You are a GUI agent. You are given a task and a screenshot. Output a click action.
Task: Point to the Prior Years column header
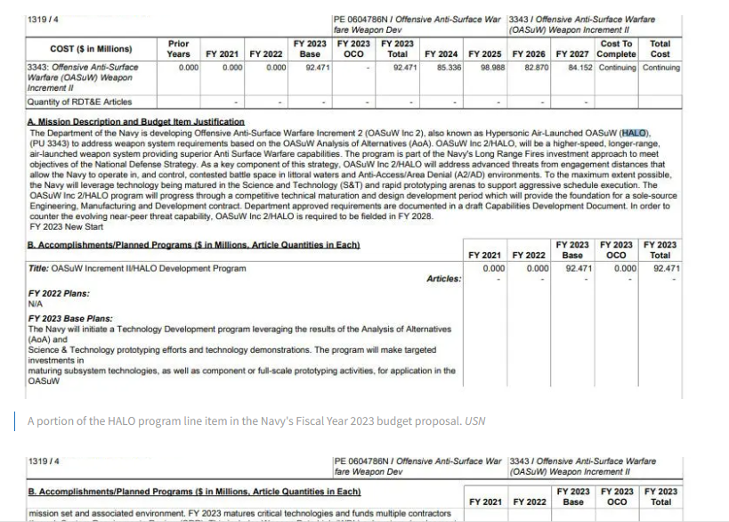[x=178, y=48]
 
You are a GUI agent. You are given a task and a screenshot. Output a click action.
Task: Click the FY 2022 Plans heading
[x=57, y=292]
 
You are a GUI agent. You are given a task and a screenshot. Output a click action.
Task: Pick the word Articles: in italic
[x=444, y=279]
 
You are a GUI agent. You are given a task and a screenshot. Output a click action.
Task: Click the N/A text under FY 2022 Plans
[x=36, y=304]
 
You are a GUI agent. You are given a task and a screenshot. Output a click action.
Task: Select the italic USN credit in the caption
[x=475, y=420]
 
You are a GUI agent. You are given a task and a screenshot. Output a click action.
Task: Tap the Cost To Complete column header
[x=617, y=48]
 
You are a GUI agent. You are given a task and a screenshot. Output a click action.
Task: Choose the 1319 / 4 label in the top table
[x=45, y=20]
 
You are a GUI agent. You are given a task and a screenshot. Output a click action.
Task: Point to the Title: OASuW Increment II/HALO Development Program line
[x=137, y=268]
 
